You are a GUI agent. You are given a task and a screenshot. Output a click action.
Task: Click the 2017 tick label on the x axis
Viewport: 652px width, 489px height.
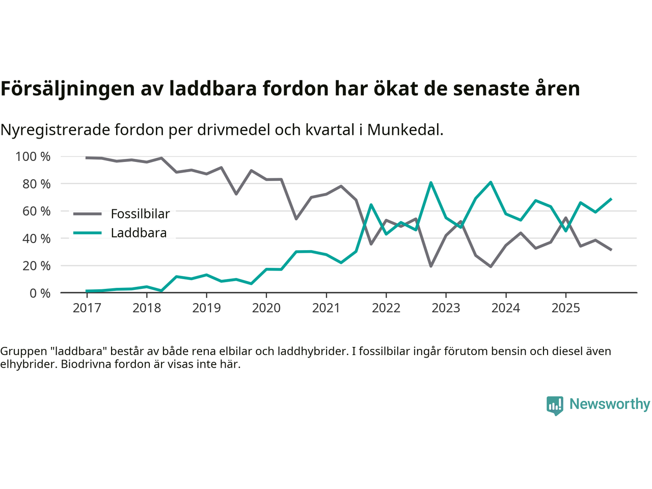click(87, 308)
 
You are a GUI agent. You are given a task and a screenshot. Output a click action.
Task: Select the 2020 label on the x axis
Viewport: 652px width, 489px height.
click(266, 308)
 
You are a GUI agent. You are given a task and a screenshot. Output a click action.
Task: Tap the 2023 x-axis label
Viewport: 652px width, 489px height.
click(446, 308)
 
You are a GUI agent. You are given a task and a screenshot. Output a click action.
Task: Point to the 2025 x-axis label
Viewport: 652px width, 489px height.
click(565, 308)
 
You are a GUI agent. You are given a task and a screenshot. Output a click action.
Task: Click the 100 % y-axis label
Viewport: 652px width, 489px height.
click(33, 157)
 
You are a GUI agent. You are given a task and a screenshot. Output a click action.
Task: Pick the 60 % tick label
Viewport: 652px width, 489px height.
click(36, 211)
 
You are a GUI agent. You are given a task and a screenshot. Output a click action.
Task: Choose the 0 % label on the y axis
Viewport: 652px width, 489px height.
click(40, 293)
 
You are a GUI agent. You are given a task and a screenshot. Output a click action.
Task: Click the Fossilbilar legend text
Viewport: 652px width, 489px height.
click(140, 214)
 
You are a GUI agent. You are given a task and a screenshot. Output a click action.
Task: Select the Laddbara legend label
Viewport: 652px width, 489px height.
click(139, 233)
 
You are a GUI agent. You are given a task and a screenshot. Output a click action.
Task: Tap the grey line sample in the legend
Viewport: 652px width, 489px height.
click(87, 214)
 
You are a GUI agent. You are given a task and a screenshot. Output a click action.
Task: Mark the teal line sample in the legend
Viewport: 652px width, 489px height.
click(87, 233)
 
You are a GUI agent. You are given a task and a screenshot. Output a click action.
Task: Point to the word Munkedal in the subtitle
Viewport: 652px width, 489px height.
click(404, 130)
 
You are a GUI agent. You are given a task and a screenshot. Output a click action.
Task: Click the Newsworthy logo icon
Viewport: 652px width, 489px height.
click(555, 405)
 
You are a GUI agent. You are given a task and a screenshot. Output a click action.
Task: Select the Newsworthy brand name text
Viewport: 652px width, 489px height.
click(609, 404)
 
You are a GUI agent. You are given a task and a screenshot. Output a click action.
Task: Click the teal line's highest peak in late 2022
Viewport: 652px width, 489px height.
click(431, 182)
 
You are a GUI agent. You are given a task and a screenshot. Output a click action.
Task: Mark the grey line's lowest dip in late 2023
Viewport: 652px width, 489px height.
click(491, 266)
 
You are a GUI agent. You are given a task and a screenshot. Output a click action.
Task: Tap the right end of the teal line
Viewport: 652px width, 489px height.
click(611, 199)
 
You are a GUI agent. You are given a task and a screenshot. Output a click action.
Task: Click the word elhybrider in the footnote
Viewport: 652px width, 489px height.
click(29, 364)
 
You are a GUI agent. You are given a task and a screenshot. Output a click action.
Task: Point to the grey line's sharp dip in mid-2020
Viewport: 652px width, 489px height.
click(296, 219)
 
